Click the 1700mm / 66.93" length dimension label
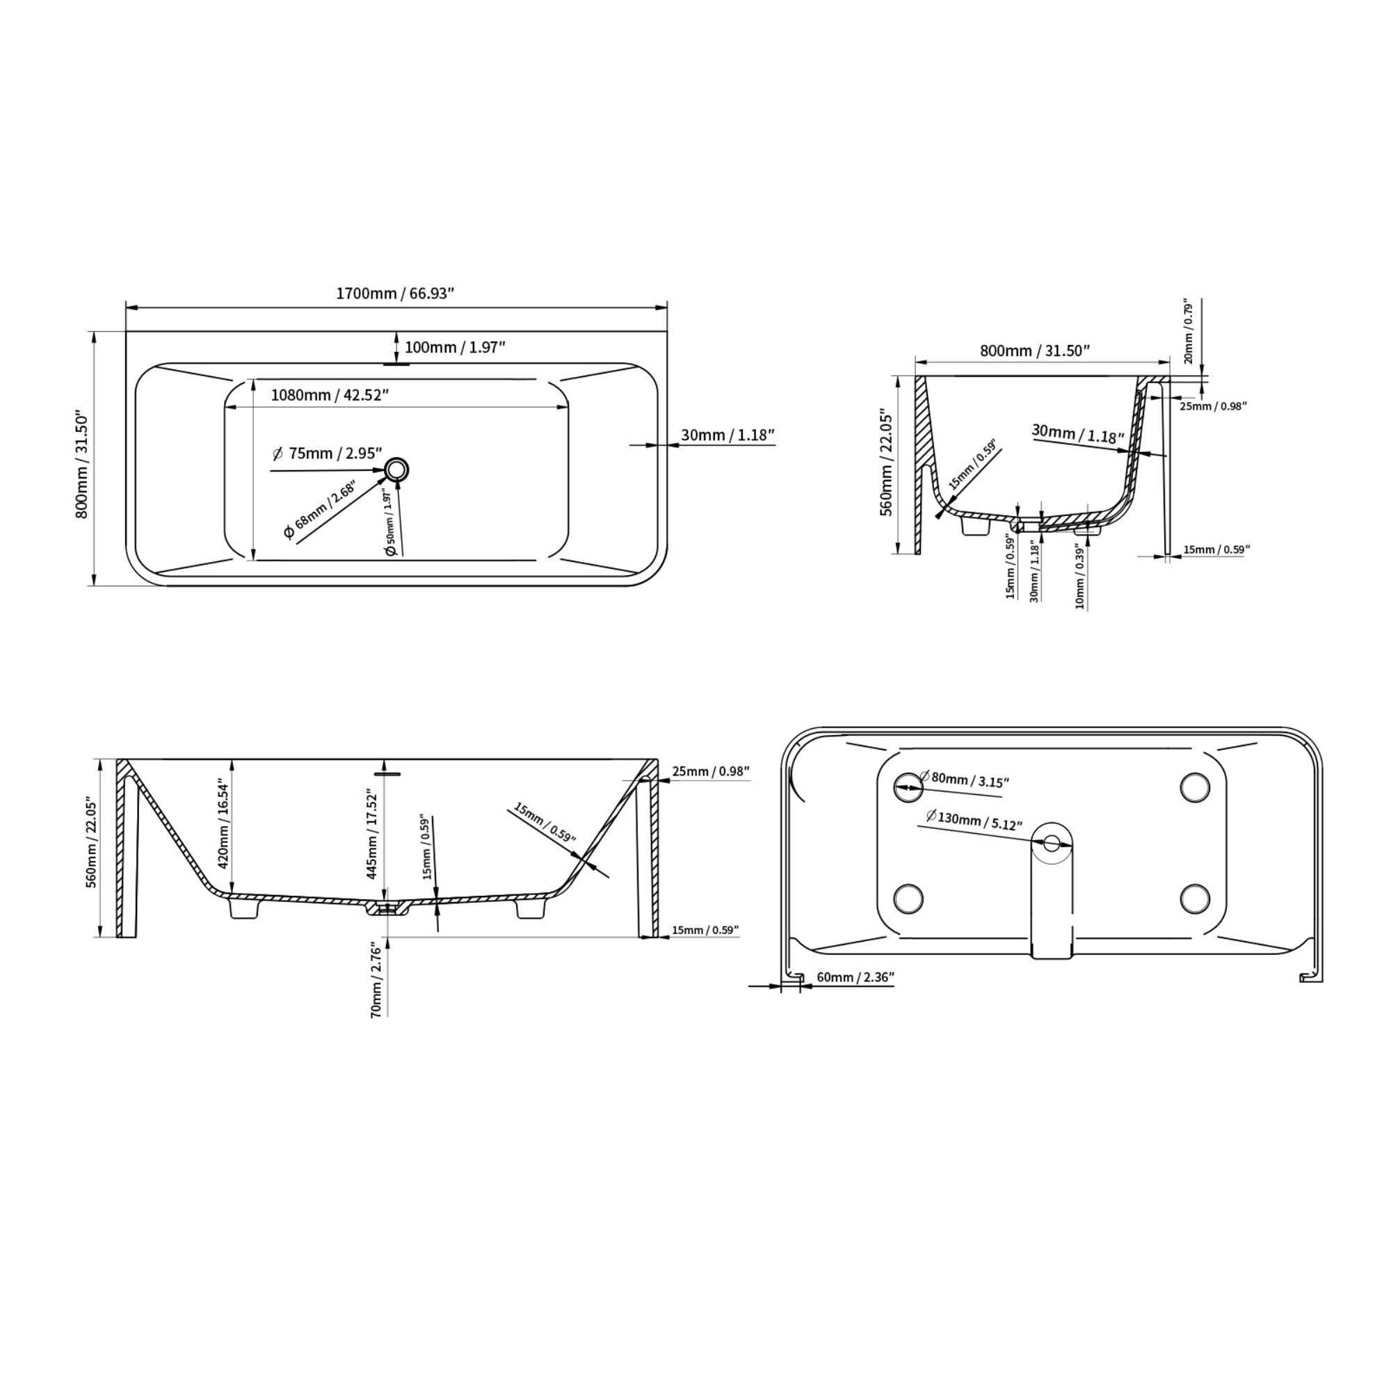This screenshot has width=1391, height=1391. click(x=395, y=294)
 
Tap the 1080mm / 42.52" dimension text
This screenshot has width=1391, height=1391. click(x=330, y=395)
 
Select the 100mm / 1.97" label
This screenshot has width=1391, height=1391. click(x=454, y=348)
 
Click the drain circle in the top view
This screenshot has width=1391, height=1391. click(x=396, y=470)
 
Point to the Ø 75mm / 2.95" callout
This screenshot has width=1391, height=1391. click(x=328, y=453)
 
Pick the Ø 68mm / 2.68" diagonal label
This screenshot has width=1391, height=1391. click(x=320, y=511)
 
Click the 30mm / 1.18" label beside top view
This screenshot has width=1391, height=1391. click(x=727, y=435)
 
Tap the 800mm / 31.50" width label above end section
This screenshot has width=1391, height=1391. click(x=1035, y=351)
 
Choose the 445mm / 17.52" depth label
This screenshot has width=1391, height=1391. click(x=371, y=835)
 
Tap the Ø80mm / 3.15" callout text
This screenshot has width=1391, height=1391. click(x=964, y=779)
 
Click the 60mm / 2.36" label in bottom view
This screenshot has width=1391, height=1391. click(x=855, y=977)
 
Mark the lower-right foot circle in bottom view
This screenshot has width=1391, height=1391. click(x=1194, y=898)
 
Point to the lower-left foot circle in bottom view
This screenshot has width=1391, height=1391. click(x=908, y=898)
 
